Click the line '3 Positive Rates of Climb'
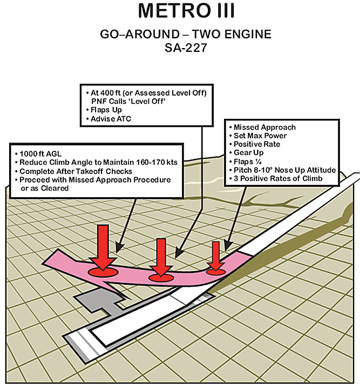[278, 179]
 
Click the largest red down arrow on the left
[102, 245]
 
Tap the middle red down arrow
[160, 256]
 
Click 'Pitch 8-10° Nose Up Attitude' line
[284, 170]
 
